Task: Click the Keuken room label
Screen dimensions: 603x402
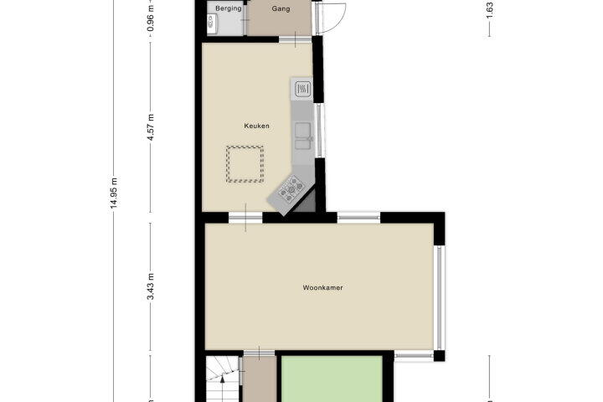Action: [x=256, y=126]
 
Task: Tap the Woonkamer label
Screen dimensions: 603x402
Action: [x=322, y=287]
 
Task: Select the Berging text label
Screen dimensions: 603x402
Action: [x=229, y=8]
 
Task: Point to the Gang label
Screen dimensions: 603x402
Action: [x=281, y=8]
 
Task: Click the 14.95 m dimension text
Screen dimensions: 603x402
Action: [x=114, y=193]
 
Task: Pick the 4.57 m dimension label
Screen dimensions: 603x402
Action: [x=151, y=127]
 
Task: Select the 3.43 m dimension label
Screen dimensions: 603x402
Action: [x=151, y=286]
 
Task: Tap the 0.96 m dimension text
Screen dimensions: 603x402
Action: [x=151, y=18]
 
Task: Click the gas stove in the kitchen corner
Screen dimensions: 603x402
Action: [x=291, y=189]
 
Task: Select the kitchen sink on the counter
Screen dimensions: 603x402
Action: [x=303, y=136]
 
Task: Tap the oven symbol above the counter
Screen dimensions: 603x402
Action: [x=303, y=90]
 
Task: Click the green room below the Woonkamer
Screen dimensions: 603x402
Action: [x=332, y=379]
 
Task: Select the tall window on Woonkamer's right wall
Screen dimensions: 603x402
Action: [x=439, y=298]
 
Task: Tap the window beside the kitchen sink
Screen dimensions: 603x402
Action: [x=320, y=131]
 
